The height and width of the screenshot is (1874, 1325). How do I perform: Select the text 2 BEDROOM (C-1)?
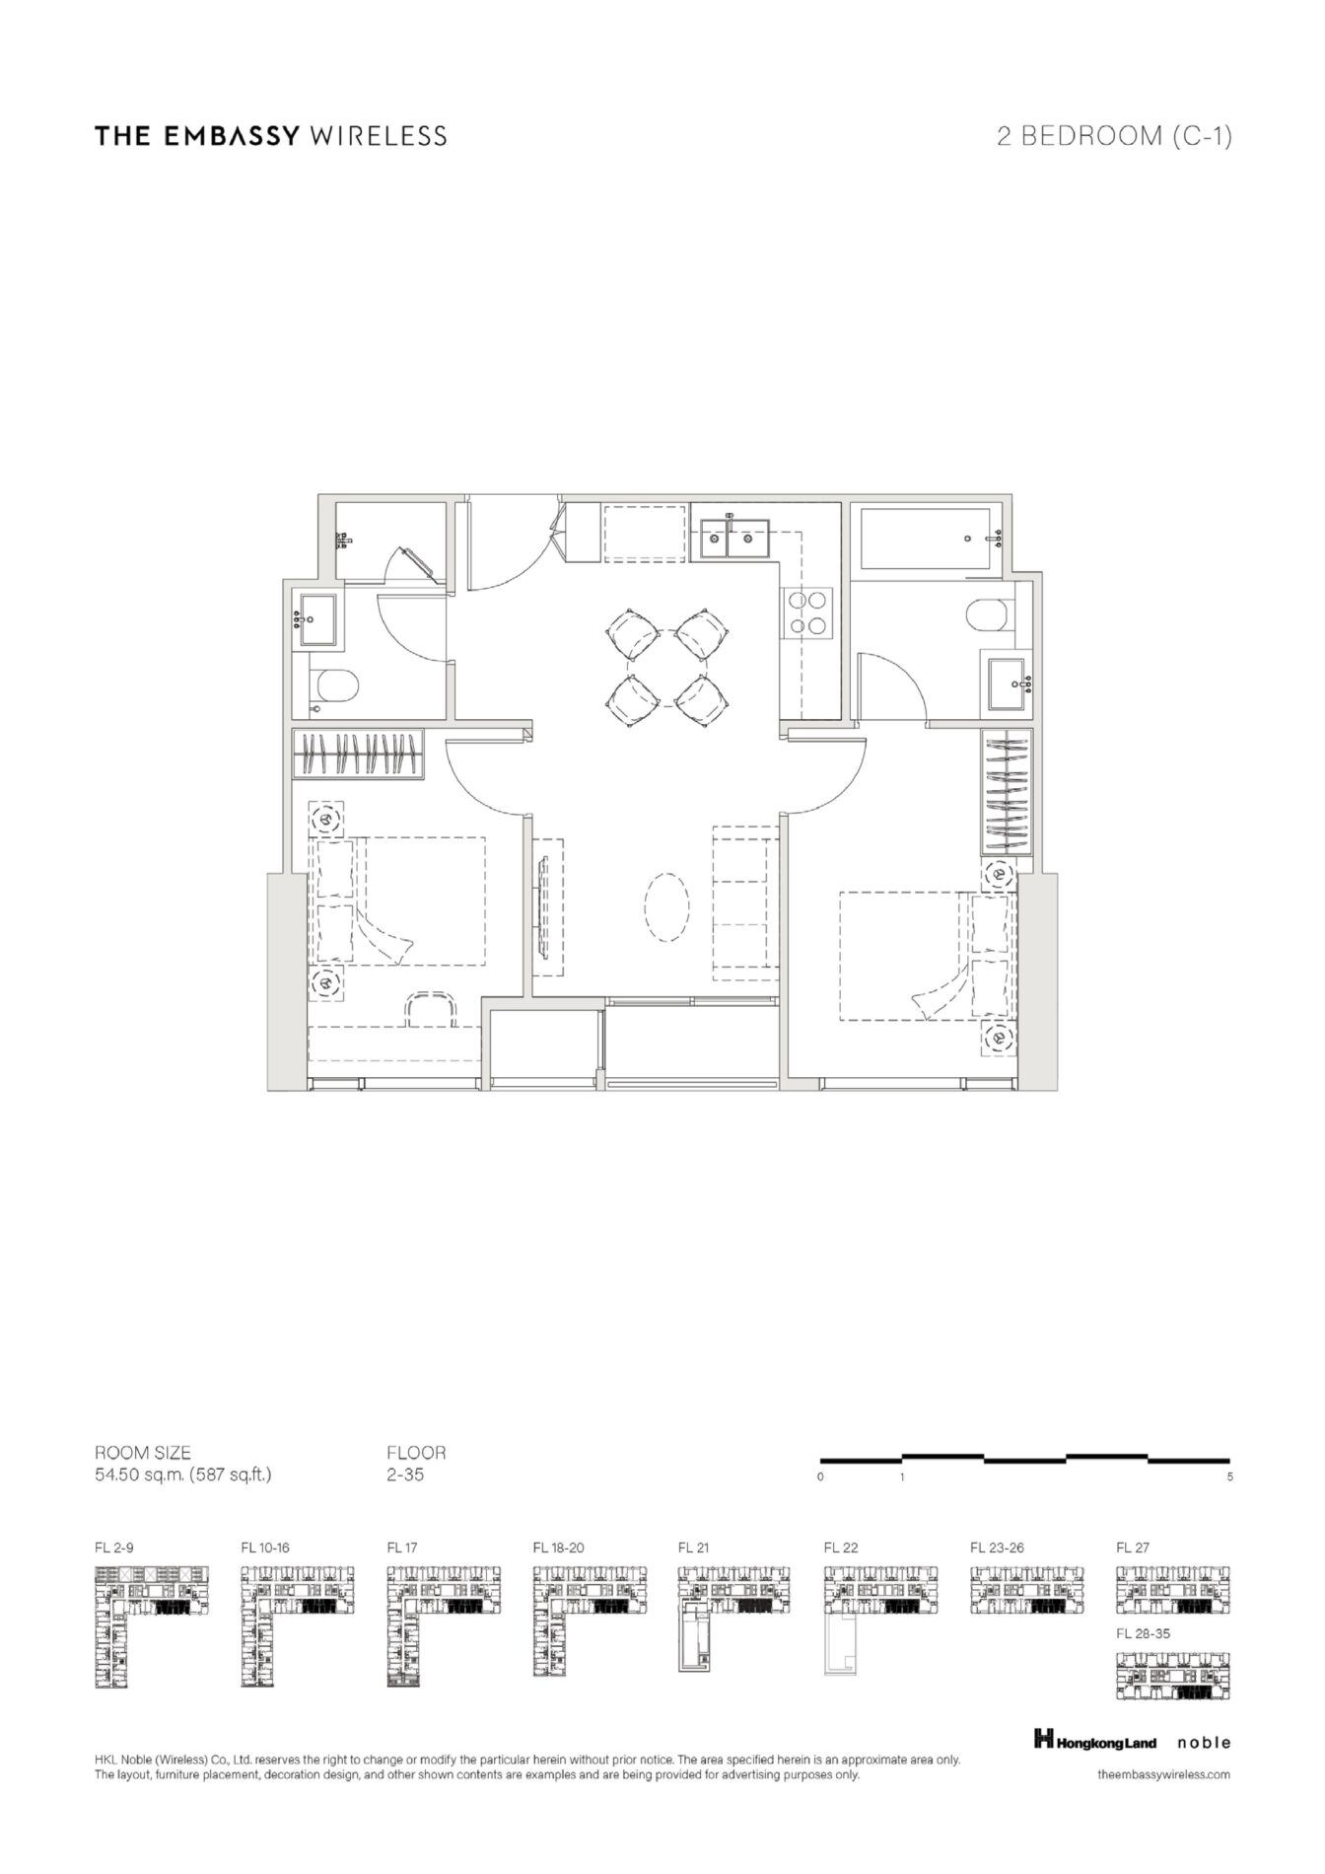tap(1114, 136)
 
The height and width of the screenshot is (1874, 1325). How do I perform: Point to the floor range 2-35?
tap(405, 1476)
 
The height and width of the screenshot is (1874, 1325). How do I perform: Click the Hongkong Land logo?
tap(1095, 1743)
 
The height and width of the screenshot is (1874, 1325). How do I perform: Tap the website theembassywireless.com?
tap(1163, 1774)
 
